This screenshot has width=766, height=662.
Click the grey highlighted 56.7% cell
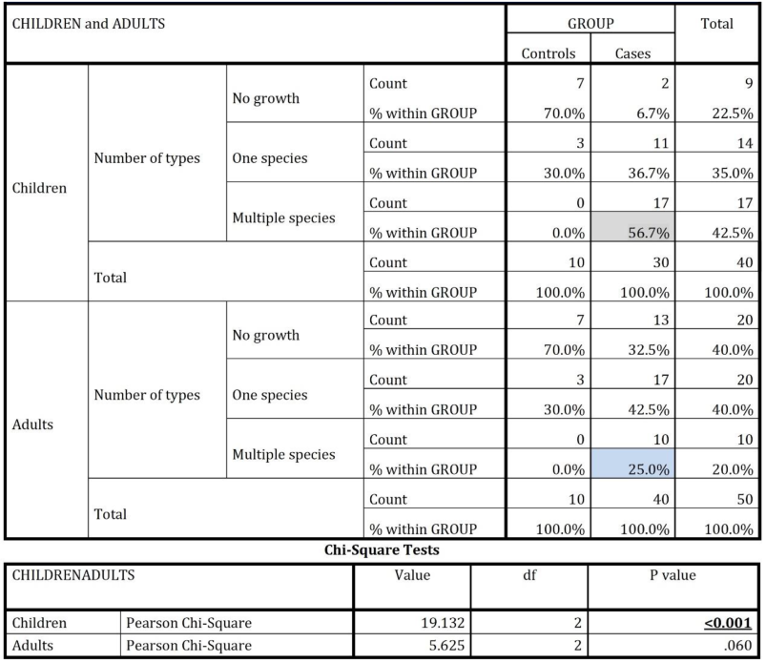pos(631,232)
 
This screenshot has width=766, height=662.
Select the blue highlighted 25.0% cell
pos(631,469)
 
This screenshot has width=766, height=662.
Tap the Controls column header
pos(549,54)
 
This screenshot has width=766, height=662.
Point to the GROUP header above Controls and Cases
pos(589,23)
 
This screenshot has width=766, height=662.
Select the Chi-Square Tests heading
pos(383,550)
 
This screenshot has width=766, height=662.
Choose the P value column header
pos(673,575)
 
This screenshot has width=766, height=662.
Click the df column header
pos(529,575)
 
